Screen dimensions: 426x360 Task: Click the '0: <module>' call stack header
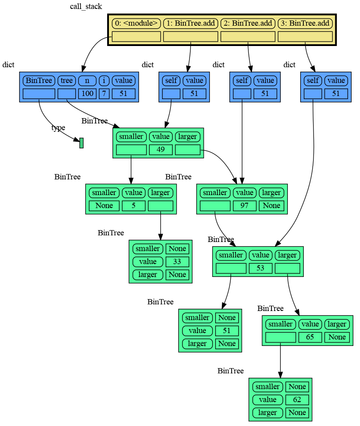(136, 23)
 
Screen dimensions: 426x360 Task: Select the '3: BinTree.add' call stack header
(305, 23)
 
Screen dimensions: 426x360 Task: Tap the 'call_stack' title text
(86, 7)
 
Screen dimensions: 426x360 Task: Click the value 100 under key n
(87, 93)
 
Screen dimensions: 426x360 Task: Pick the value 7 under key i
(104, 93)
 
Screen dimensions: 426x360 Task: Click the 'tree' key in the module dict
(66, 81)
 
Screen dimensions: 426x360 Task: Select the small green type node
(81, 143)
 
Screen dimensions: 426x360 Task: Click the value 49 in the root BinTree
(161, 150)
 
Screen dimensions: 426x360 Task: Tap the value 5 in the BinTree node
(133, 205)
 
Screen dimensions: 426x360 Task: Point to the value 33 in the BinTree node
(177, 261)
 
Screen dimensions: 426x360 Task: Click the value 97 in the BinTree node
(244, 205)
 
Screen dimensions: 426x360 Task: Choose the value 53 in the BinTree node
(260, 268)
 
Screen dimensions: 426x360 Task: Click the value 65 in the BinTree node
(310, 337)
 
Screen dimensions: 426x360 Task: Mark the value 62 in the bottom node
(297, 399)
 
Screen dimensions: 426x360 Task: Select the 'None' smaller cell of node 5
(104, 205)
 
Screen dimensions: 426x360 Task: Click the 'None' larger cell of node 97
(271, 205)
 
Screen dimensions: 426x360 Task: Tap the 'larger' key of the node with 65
(337, 324)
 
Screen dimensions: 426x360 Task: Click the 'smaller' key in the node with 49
(131, 136)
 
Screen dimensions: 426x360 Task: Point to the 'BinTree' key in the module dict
(39, 81)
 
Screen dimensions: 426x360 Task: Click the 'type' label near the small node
(58, 128)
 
